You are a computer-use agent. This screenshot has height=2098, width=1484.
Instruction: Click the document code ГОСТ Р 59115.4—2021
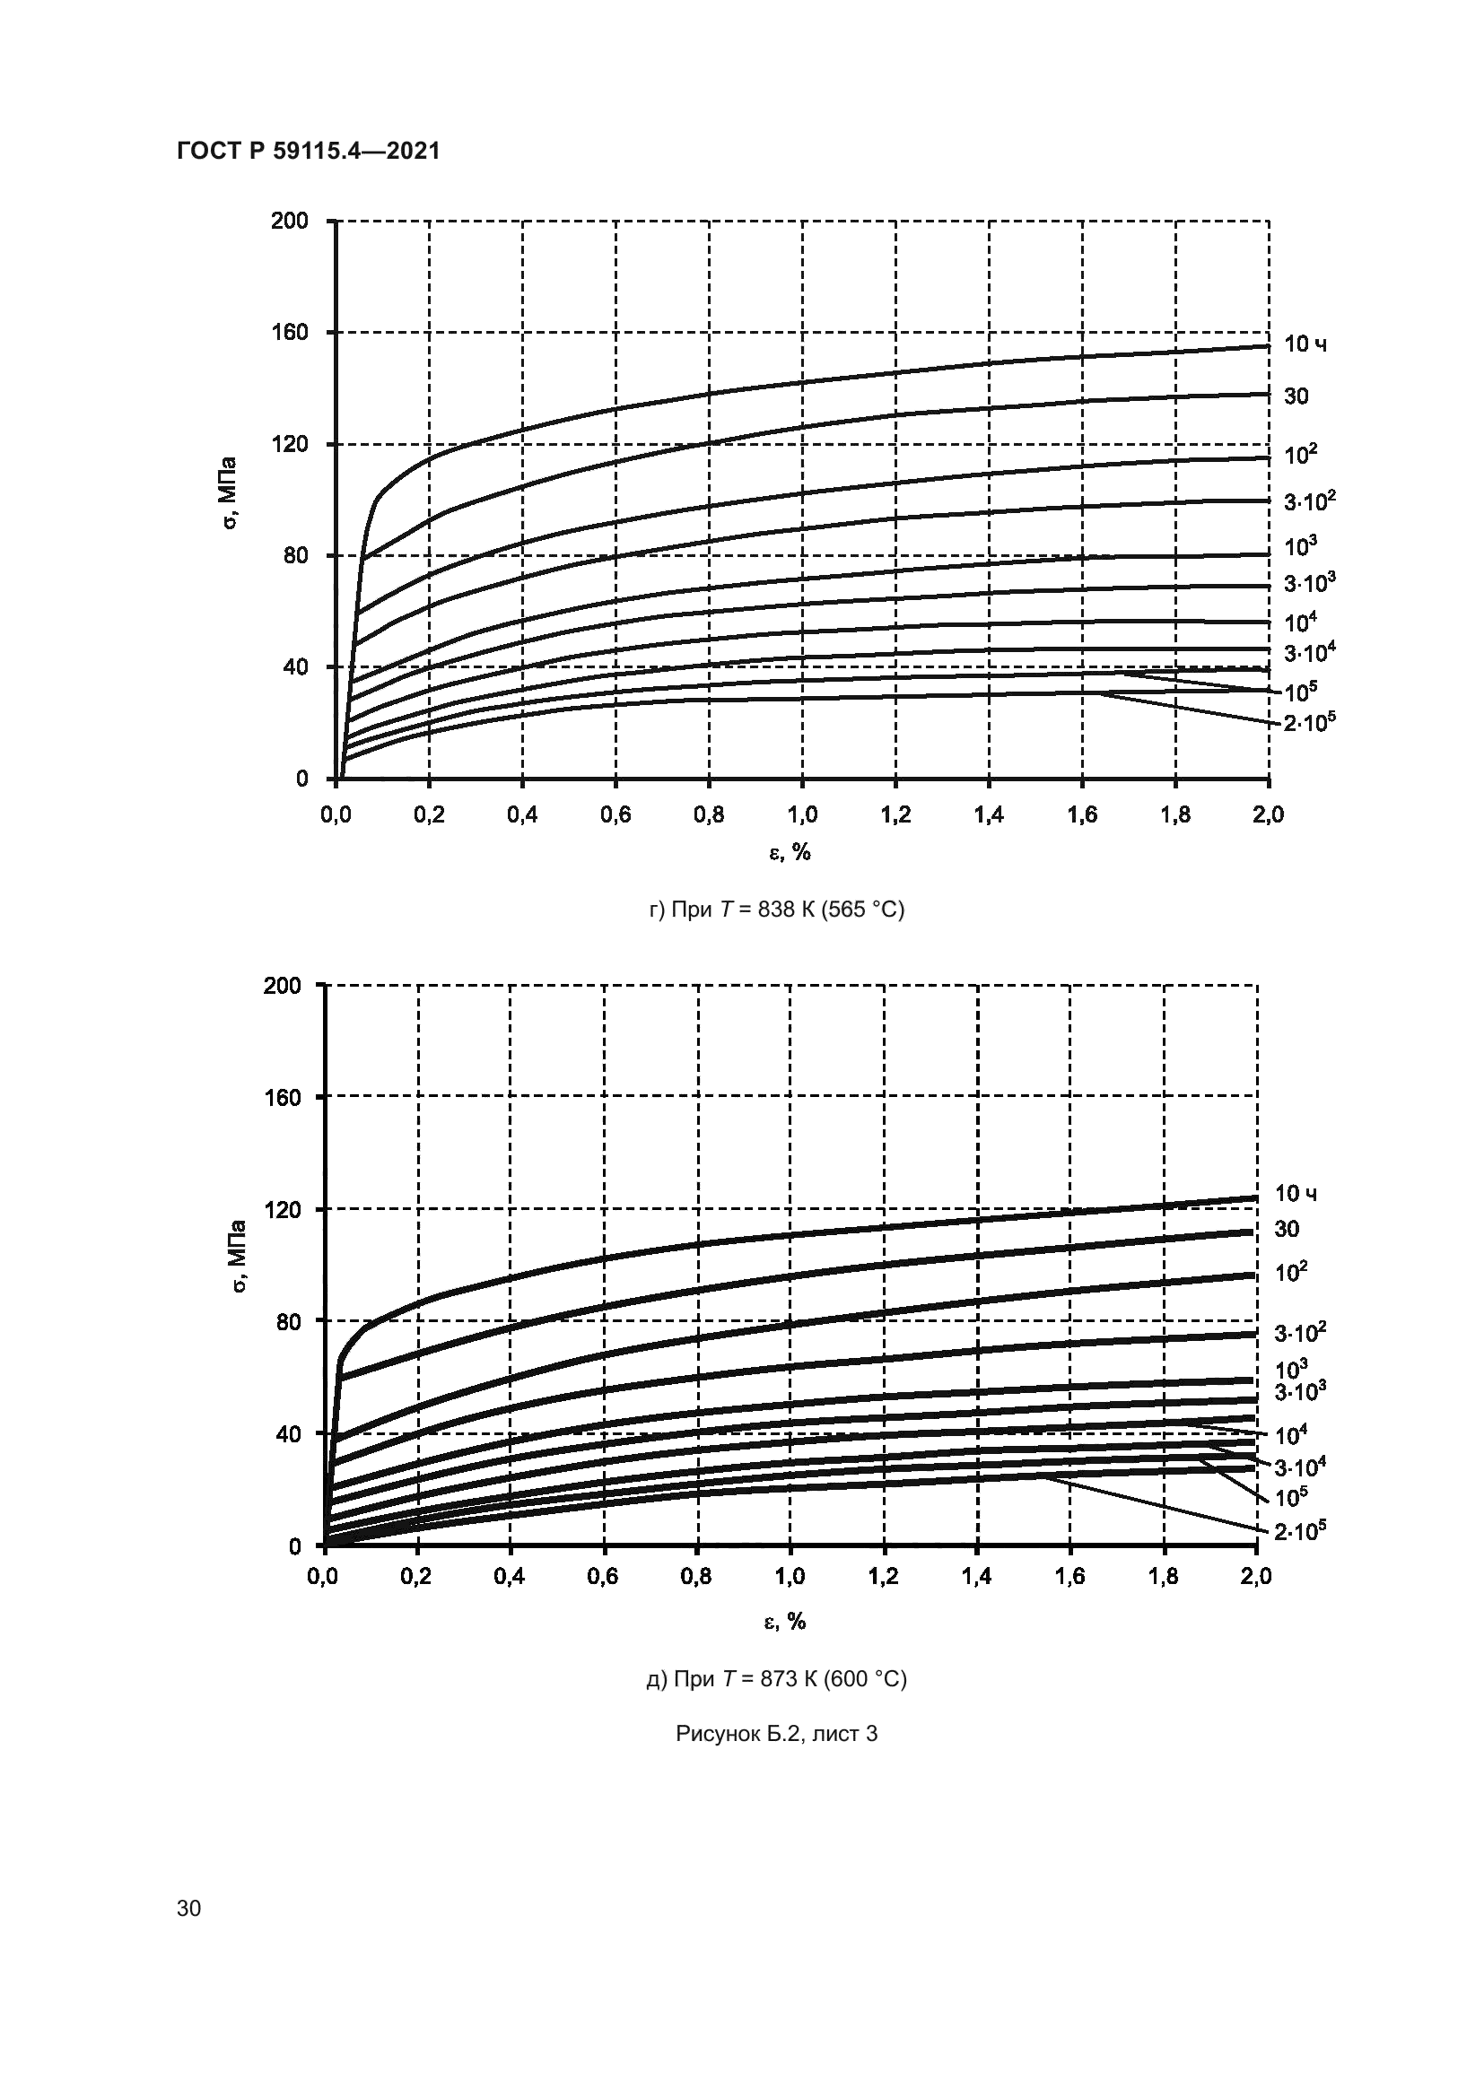[x=308, y=151]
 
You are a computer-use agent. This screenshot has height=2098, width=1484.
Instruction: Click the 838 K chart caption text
[x=777, y=910]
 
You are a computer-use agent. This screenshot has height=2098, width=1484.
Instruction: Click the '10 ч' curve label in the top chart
[x=1305, y=344]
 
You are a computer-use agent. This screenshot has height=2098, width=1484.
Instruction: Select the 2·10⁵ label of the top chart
[x=1309, y=723]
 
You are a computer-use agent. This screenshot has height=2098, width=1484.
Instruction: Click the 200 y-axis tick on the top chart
[x=290, y=222]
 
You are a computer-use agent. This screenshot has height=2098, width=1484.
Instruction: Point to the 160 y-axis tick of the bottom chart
[x=282, y=1096]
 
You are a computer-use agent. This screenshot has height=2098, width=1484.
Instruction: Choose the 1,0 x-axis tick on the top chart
[x=802, y=814]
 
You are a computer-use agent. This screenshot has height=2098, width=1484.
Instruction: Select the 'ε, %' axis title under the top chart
[x=790, y=852]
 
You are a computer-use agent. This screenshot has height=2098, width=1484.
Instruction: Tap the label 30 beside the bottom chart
[x=1287, y=1229]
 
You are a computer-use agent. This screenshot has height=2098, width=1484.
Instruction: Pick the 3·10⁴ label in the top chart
[x=1309, y=652]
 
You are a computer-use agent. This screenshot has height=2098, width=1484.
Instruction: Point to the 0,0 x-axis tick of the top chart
[x=336, y=814]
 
